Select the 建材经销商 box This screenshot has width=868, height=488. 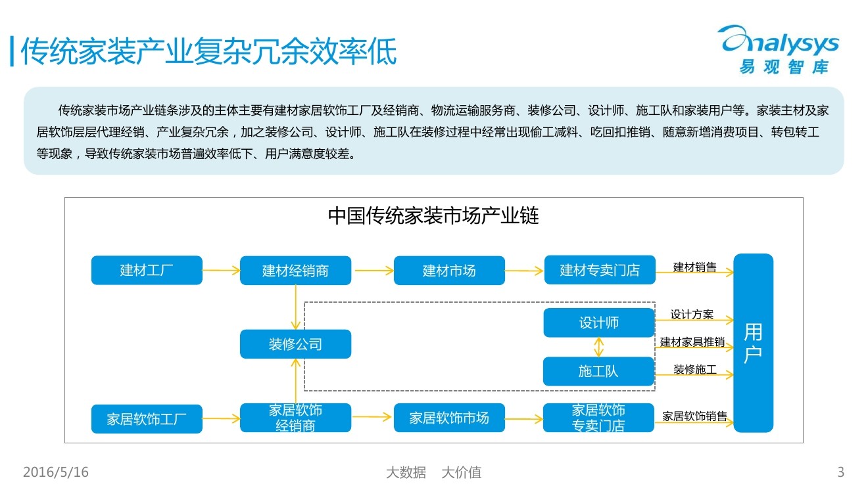(x=295, y=270)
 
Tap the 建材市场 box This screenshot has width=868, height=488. (x=449, y=270)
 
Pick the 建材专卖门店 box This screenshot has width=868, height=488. (x=600, y=270)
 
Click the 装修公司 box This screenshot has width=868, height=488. (x=295, y=344)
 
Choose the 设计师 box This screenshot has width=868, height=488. (x=599, y=322)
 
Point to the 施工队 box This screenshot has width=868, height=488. (x=599, y=371)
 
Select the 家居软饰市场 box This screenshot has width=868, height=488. (x=449, y=418)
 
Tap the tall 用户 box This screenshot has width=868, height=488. (x=753, y=343)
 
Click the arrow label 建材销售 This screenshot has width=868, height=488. (x=694, y=267)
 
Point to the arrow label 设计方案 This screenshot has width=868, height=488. (x=692, y=315)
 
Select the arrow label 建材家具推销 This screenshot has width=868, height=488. (x=692, y=342)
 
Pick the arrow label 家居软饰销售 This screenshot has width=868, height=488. (x=694, y=416)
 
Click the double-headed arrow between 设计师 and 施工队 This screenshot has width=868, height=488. (x=598, y=347)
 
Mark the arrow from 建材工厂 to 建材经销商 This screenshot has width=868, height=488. (x=221, y=270)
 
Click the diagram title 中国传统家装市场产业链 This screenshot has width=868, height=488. (x=433, y=216)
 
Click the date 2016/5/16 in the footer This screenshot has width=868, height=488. (x=56, y=472)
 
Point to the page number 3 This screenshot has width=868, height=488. (x=840, y=472)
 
